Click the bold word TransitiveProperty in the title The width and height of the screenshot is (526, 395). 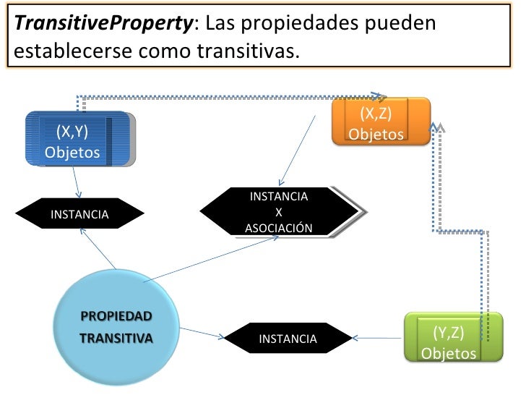[103, 23]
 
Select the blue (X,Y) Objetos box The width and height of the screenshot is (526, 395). [79, 139]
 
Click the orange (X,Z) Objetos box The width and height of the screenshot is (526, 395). [380, 122]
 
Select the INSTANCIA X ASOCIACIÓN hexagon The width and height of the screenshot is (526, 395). [279, 212]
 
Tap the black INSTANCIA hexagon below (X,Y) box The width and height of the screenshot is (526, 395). [79, 214]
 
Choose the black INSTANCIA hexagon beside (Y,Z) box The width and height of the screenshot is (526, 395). [288, 339]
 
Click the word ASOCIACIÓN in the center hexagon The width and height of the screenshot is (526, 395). [279, 229]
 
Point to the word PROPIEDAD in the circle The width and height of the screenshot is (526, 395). [116, 316]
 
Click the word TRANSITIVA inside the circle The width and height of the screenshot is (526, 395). [116, 338]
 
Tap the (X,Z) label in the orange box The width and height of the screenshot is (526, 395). [376, 114]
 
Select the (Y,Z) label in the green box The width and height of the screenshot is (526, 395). [449, 332]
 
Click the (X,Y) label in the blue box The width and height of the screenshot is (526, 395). [72, 131]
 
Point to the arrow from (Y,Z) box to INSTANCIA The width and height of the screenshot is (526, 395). [379, 337]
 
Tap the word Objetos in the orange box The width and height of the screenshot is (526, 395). [376, 135]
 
